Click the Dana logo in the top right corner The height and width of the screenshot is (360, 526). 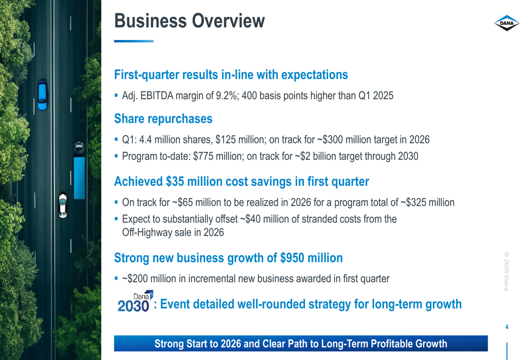[507, 23]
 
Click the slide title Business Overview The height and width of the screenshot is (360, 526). [189, 21]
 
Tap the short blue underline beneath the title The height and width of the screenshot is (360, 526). [134, 41]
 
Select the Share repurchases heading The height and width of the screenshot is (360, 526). [163, 119]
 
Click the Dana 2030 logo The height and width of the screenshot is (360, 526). [135, 302]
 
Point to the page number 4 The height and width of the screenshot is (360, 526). [507, 327]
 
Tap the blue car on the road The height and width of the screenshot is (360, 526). [42, 95]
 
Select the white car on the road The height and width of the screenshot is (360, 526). [63, 204]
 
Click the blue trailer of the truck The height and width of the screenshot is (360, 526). [79, 177]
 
